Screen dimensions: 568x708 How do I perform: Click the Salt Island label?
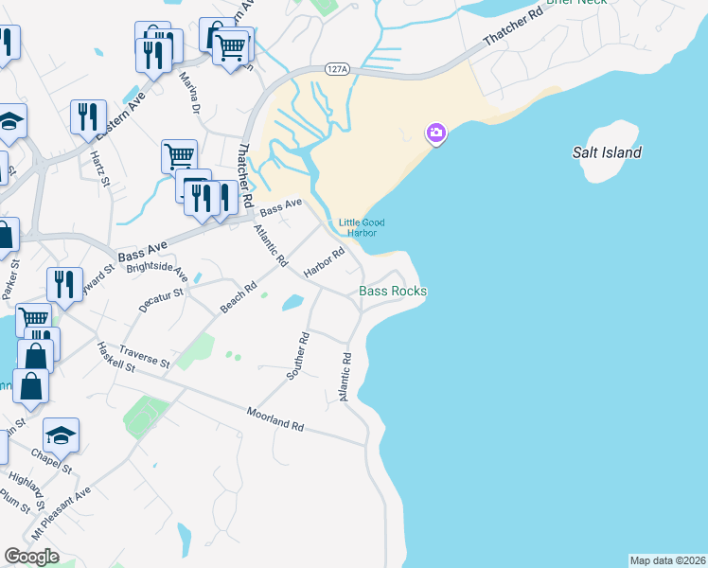(x=607, y=152)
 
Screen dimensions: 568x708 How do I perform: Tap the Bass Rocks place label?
(x=393, y=292)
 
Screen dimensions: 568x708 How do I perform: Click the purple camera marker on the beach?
(x=435, y=133)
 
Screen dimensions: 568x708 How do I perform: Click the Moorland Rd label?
(x=274, y=420)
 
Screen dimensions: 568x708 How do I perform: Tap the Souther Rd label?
(x=298, y=356)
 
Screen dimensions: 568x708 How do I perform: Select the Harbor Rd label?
(x=323, y=262)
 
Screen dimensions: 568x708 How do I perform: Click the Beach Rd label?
(x=238, y=297)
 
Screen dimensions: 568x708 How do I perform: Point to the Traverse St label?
(x=144, y=357)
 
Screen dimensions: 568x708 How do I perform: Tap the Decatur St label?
(x=159, y=300)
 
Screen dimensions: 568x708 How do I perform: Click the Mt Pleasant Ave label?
(x=62, y=512)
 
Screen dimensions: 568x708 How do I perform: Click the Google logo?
(x=31, y=557)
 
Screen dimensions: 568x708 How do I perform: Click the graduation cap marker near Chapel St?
(x=61, y=435)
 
